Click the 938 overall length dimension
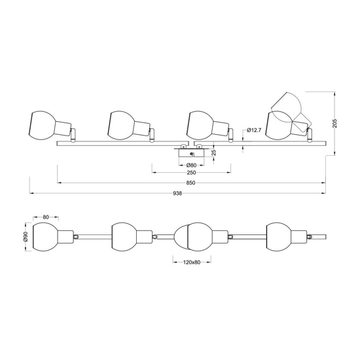tap(177, 193)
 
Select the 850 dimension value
tap(190, 183)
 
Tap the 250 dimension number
tap(192, 172)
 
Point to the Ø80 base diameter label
tap(191, 165)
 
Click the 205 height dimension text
tap(334, 123)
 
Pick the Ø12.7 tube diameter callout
tap(254, 130)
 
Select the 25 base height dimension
tap(214, 153)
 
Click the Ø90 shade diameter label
tap(26, 236)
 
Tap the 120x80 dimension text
tap(192, 262)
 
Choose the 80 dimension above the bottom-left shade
tap(46, 217)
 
